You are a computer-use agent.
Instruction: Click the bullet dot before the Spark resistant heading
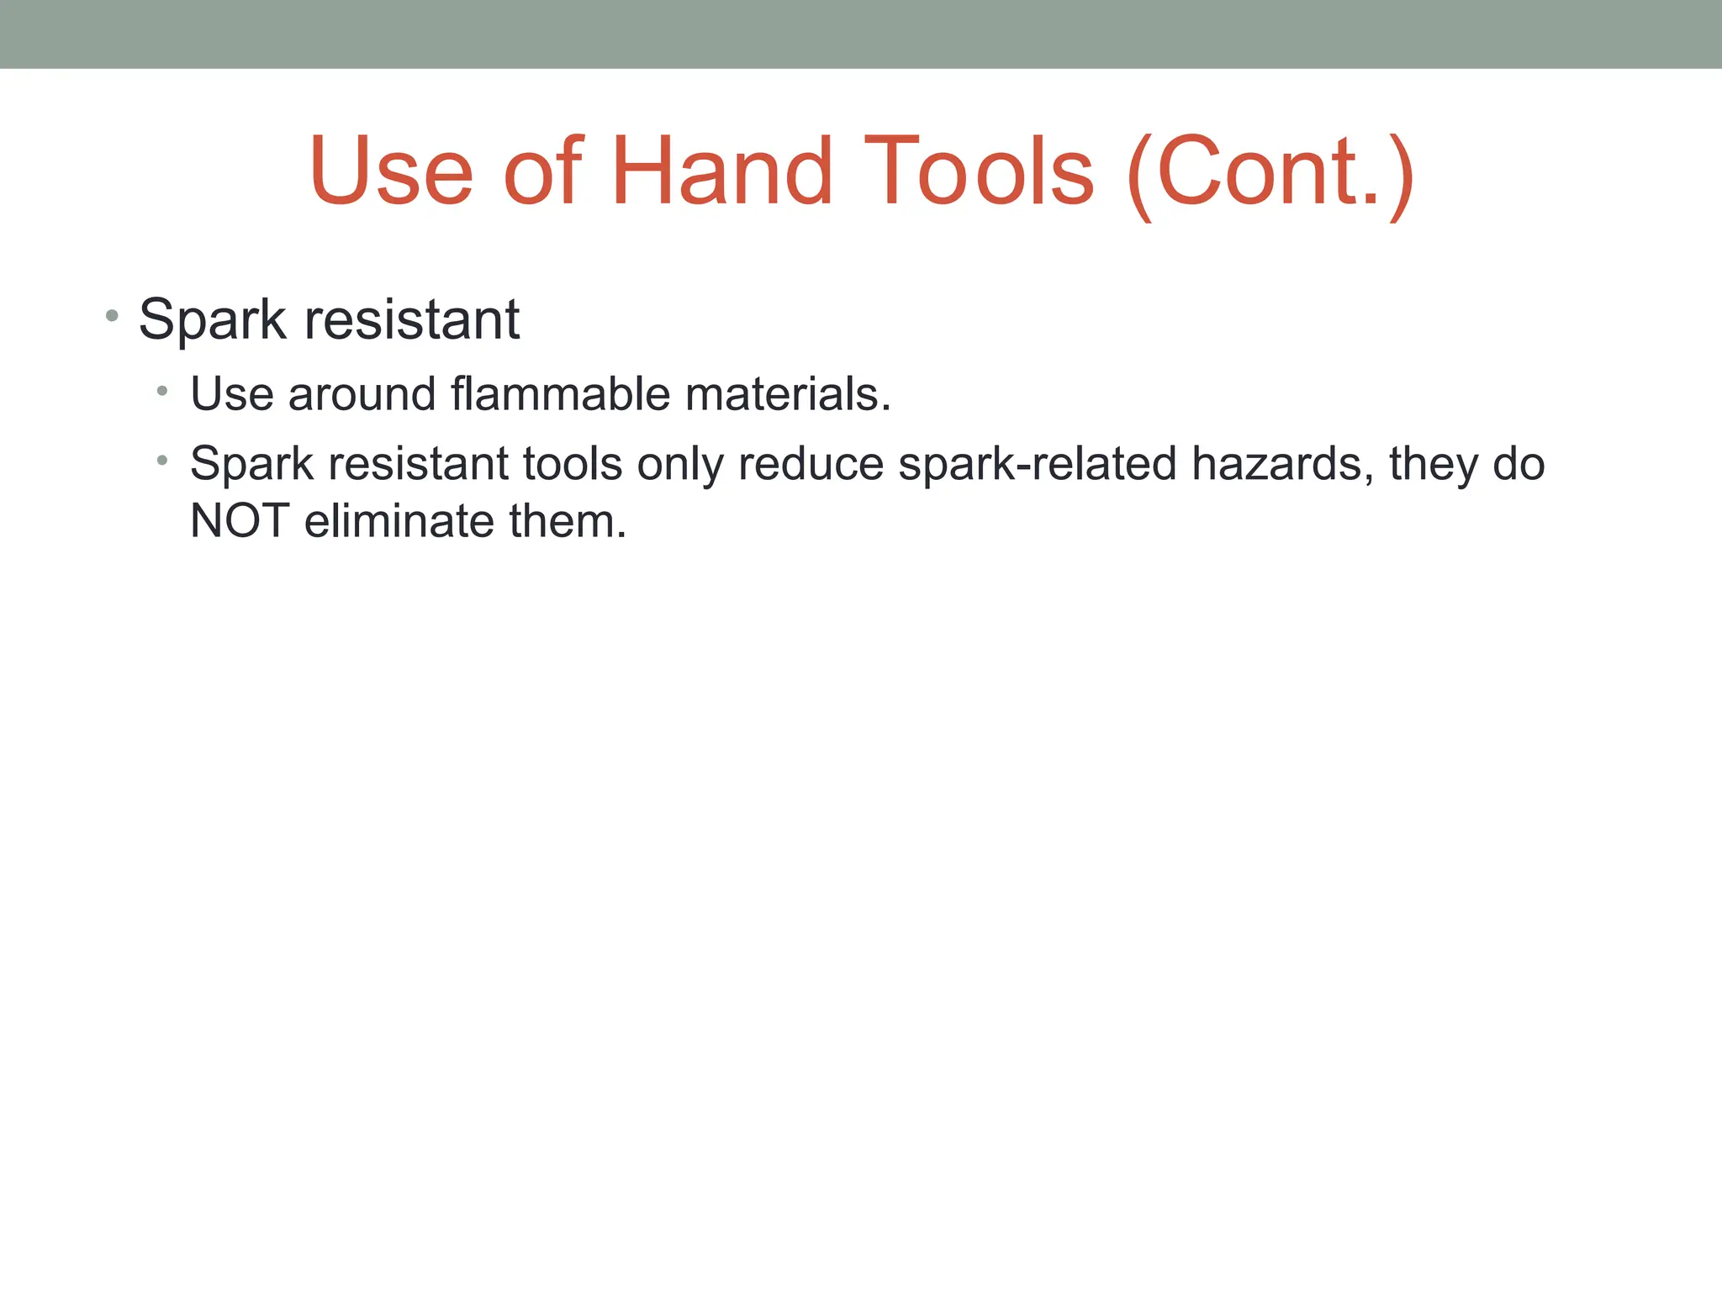112,317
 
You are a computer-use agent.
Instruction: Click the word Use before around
231,393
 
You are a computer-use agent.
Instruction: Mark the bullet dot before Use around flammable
162,391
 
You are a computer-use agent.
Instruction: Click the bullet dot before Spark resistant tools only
162,461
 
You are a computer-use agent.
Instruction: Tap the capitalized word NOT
240,521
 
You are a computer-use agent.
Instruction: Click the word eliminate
399,521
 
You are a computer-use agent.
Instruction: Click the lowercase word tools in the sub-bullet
573,464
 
